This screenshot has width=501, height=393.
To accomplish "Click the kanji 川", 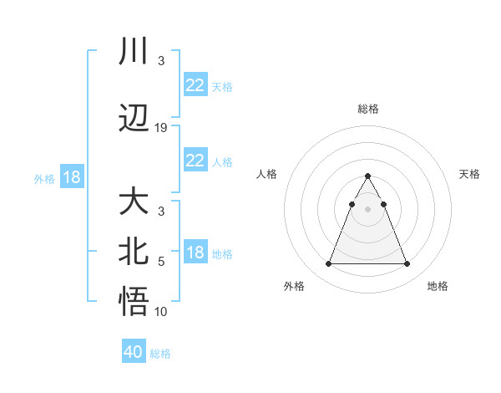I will click(134, 50).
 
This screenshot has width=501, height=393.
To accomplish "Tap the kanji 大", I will click(134, 202).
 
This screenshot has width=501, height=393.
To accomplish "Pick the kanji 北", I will click(134, 253).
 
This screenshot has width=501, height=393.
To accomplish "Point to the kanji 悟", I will click(134, 301).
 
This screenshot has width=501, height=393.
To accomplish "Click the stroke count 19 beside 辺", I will click(161, 128).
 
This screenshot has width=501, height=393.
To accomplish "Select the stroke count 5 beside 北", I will click(161, 262).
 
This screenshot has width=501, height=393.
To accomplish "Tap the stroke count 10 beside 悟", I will click(161, 312).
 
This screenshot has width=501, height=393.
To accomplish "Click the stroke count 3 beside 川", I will click(161, 61).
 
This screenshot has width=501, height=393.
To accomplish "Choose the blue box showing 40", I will click(134, 353).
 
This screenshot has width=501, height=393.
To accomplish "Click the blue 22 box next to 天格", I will click(195, 85).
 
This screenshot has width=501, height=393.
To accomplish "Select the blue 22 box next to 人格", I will click(195, 161).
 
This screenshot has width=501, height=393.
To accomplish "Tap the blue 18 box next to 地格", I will click(195, 253).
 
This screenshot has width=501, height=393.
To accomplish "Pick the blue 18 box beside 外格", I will click(71, 177).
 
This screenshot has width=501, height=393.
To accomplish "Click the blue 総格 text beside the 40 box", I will click(160, 354).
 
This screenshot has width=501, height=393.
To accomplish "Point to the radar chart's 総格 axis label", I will click(367, 109).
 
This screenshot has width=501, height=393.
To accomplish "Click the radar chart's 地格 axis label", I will click(438, 287).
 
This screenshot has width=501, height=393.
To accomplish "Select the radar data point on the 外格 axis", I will click(328, 264).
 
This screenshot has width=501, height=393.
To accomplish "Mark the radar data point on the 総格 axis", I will click(367, 176).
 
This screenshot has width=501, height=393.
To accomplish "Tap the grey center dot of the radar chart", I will click(367, 209).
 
